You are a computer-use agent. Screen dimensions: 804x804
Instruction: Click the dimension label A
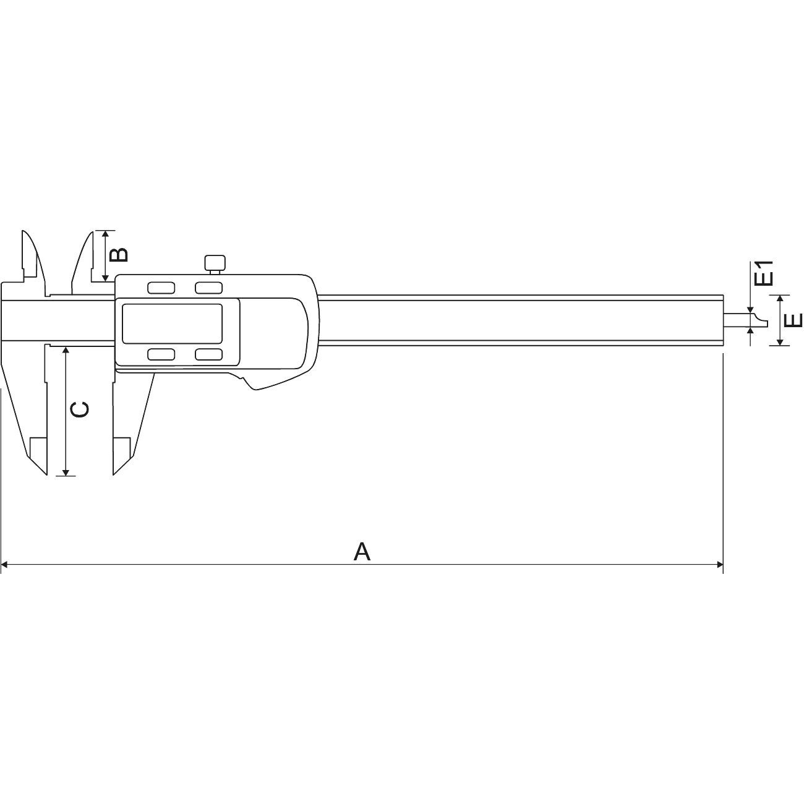pyautogui.click(x=362, y=551)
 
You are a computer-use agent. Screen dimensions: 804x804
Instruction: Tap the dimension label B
pyautogui.click(x=119, y=255)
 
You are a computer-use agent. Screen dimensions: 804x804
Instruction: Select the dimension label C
pyautogui.click(x=79, y=409)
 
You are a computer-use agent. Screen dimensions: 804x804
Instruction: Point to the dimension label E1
pyautogui.click(x=764, y=273)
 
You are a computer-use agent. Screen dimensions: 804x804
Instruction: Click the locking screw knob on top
pyautogui.click(x=215, y=262)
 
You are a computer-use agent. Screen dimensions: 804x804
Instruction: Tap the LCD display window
pyautogui.click(x=172, y=323)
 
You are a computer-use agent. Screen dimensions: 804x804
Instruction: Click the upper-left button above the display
pyautogui.click(x=161, y=288)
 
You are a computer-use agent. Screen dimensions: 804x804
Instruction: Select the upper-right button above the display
pyautogui.click(x=208, y=288)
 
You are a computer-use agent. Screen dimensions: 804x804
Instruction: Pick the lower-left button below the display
pyautogui.click(x=161, y=354)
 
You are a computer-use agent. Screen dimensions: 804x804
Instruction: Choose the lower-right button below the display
pyautogui.click(x=208, y=354)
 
